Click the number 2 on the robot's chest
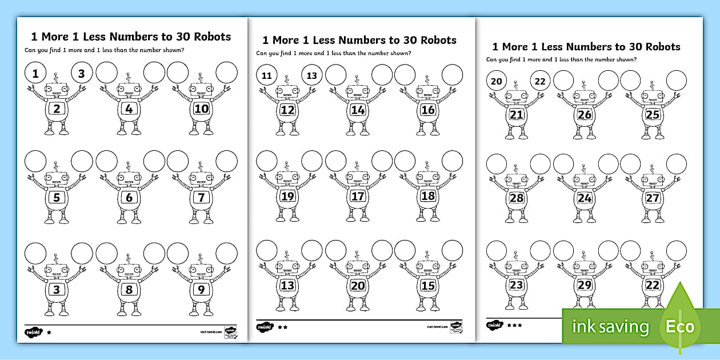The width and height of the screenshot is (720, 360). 57,109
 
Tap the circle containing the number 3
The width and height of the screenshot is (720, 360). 82,73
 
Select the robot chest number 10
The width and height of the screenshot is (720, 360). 200,109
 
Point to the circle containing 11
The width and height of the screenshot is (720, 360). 266,75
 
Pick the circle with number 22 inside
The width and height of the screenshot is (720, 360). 540,81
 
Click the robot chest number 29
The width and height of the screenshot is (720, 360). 584,284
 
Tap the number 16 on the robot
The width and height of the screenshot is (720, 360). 427,110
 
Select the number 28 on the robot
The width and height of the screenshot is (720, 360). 517,198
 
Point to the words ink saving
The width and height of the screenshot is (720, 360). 611,327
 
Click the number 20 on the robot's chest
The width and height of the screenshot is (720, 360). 357,285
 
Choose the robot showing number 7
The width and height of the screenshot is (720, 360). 200,198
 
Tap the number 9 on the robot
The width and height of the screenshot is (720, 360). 200,289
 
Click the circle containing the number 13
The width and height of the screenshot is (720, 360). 311,75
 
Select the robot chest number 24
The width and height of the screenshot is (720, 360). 584,198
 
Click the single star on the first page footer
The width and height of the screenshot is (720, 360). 49,331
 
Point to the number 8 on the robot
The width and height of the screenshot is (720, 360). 129,289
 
